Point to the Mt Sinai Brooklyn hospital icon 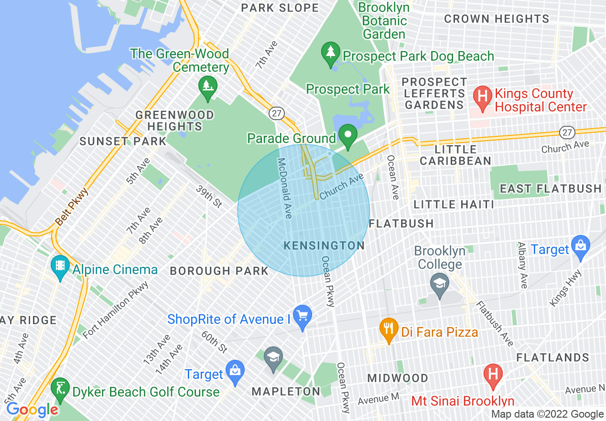pos(493,375)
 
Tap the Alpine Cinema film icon pos(60,267)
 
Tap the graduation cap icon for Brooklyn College pos(439,284)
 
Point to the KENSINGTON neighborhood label pos(324,245)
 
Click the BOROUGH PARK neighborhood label pos(219,271)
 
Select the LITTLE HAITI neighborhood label pos(454,204)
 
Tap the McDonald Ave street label pos(285,188)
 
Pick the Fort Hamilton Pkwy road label pos(116,310)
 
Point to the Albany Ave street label pos(522,265)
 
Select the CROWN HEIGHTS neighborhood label pos(497,19)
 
